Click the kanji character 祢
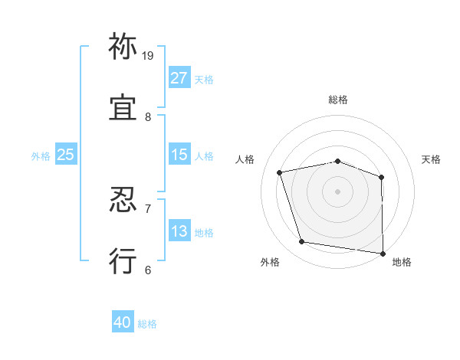point(123,47)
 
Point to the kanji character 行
point(123,260)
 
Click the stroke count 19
point(148,55)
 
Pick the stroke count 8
point(148,116)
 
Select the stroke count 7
point(148,208)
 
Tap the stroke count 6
point(148,270)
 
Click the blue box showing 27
point(179,78)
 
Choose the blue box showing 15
point(179,155)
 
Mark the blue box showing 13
point(179,231)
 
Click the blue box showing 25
point(66,155)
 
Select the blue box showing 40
point(123,323)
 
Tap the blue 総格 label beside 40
point(147,324)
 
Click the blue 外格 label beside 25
point(41,155)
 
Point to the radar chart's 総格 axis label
point(338,100)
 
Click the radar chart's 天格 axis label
point(431,159)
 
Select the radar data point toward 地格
point(383,253)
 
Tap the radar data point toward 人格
point(280,172)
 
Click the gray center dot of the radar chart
point(338,191)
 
